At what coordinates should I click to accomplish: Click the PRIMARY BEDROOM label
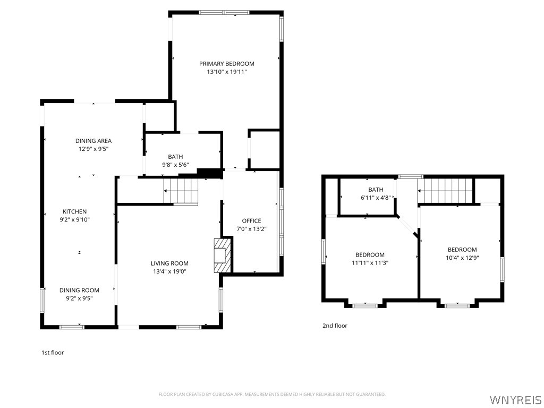(226, 64)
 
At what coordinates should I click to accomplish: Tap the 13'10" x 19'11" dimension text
(226, 72)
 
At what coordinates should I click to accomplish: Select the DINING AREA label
(93, 140)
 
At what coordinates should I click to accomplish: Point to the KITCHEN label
(74, 211)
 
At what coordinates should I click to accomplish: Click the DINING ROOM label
(79, 290)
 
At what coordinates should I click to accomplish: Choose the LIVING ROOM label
(169, 263)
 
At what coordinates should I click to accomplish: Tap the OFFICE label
(251, 220)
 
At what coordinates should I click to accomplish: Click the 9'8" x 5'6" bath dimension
(175, 165)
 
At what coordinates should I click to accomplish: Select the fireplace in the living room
(223, 255)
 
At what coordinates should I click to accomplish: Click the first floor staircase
(181, 191)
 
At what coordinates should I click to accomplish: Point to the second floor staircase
(446, 191)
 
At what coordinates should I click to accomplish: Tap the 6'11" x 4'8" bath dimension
(376, 198)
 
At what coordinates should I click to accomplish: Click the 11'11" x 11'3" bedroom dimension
(370, 262)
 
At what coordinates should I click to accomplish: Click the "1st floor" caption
(53, 353)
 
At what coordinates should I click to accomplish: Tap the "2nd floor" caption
(335, 326)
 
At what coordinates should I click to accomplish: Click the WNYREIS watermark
(515, 399)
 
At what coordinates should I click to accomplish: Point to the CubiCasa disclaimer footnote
(272, 394)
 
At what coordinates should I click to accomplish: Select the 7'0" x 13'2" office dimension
(251, 229)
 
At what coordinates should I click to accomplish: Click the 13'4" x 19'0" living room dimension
(169, 271)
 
